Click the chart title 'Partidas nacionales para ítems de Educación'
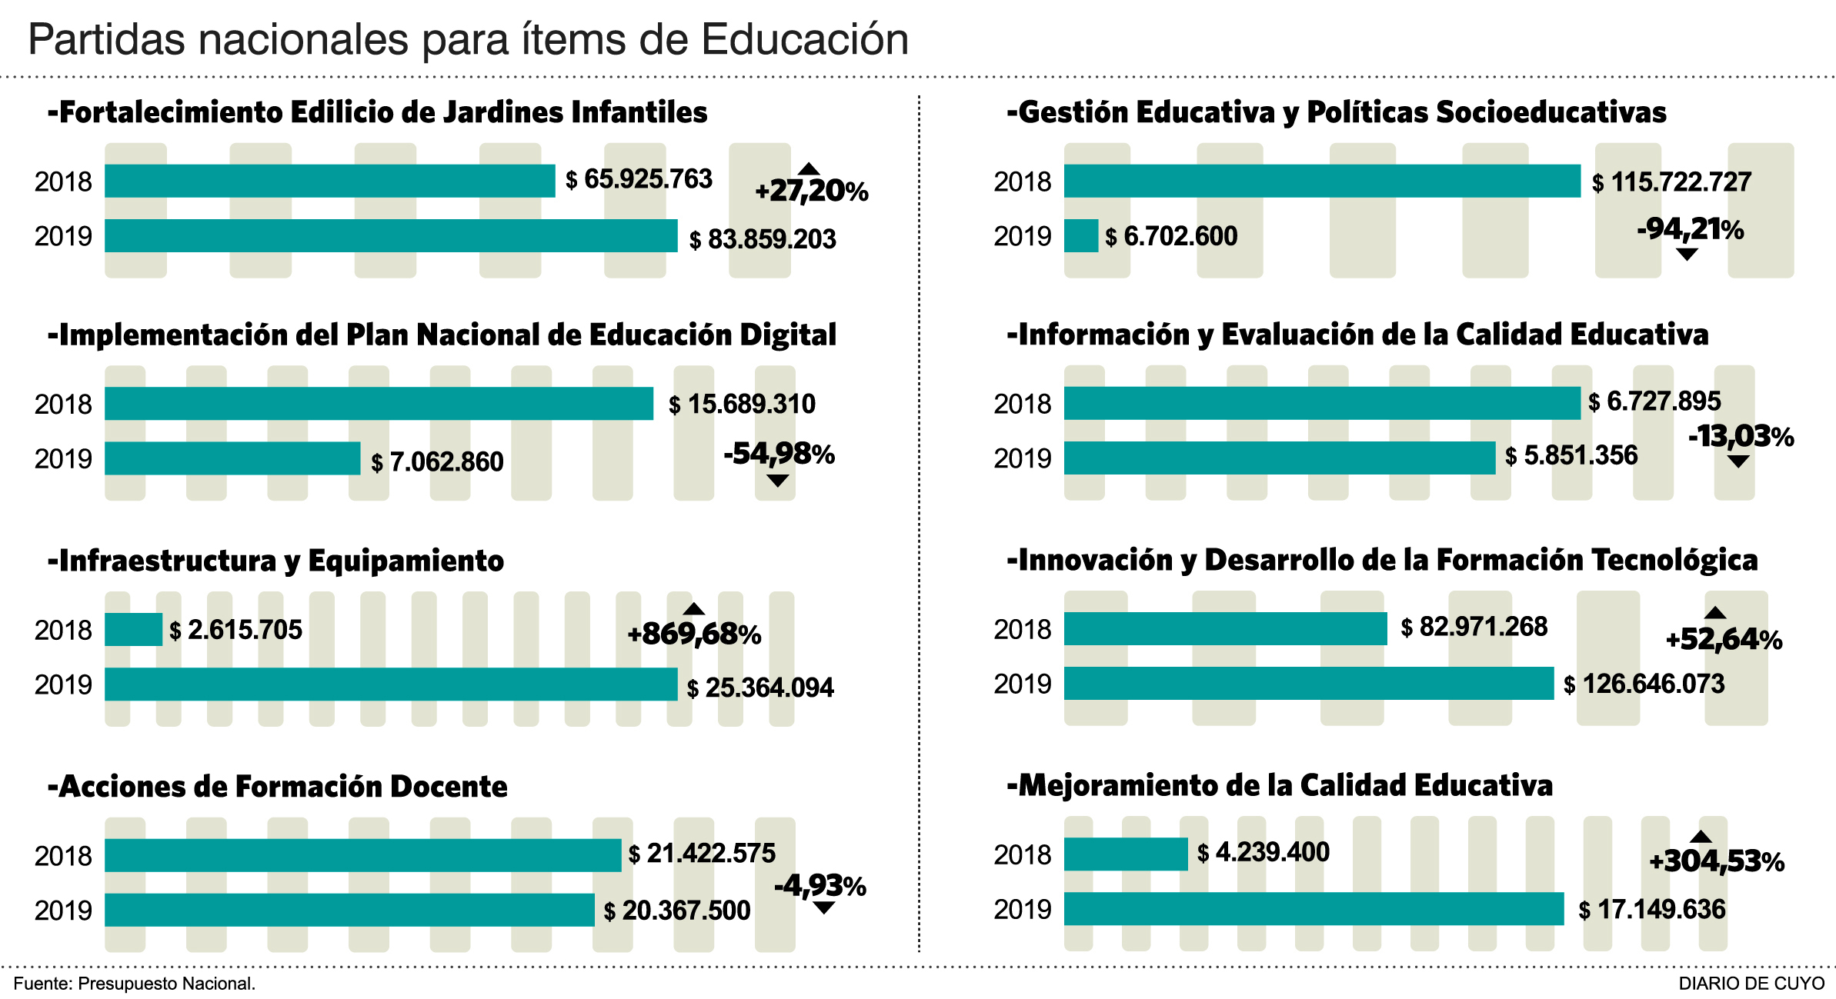468,40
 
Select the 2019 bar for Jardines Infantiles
391,236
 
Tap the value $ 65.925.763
639,180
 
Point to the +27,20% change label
811,191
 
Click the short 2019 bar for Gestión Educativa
1080,236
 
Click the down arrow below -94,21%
1686,255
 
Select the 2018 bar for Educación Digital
379,404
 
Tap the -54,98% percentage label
779,454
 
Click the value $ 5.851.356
1571,456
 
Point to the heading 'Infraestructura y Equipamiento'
275,561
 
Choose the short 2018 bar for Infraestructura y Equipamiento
133,630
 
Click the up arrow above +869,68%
694,609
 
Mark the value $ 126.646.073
1644,684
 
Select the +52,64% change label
1724,640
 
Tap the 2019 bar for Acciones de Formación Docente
349,910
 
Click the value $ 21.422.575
702,854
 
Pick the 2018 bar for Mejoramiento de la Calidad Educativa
1126,854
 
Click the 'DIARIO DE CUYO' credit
1751,984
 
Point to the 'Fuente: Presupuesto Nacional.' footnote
135,984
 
